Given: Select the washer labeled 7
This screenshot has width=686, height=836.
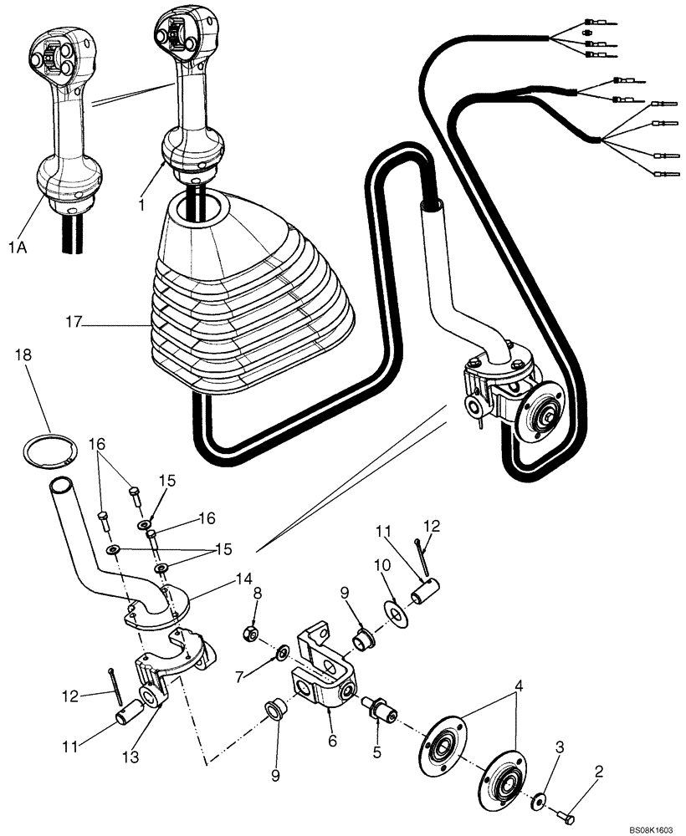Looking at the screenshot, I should [282, 650].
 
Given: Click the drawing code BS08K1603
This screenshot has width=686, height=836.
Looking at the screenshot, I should [652, 829].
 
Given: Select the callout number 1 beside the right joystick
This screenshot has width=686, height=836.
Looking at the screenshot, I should [142, 204].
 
